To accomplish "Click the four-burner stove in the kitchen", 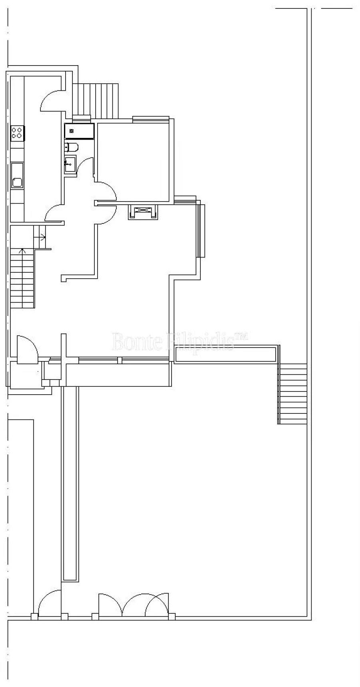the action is click(x=18, y=132).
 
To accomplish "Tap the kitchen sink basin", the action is click(x=17, y=182).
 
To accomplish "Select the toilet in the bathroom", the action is click(x=72, y=148).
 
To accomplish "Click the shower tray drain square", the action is click(x=72, y=131).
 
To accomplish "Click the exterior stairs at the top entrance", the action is click(x=98, y=100).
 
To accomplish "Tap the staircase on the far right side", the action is click(x=292, y=393).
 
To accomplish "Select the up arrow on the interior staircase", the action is click(x=22, y=251).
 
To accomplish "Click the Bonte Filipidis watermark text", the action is click(x=180, y=341).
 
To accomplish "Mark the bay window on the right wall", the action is click(x=200, y=230).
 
